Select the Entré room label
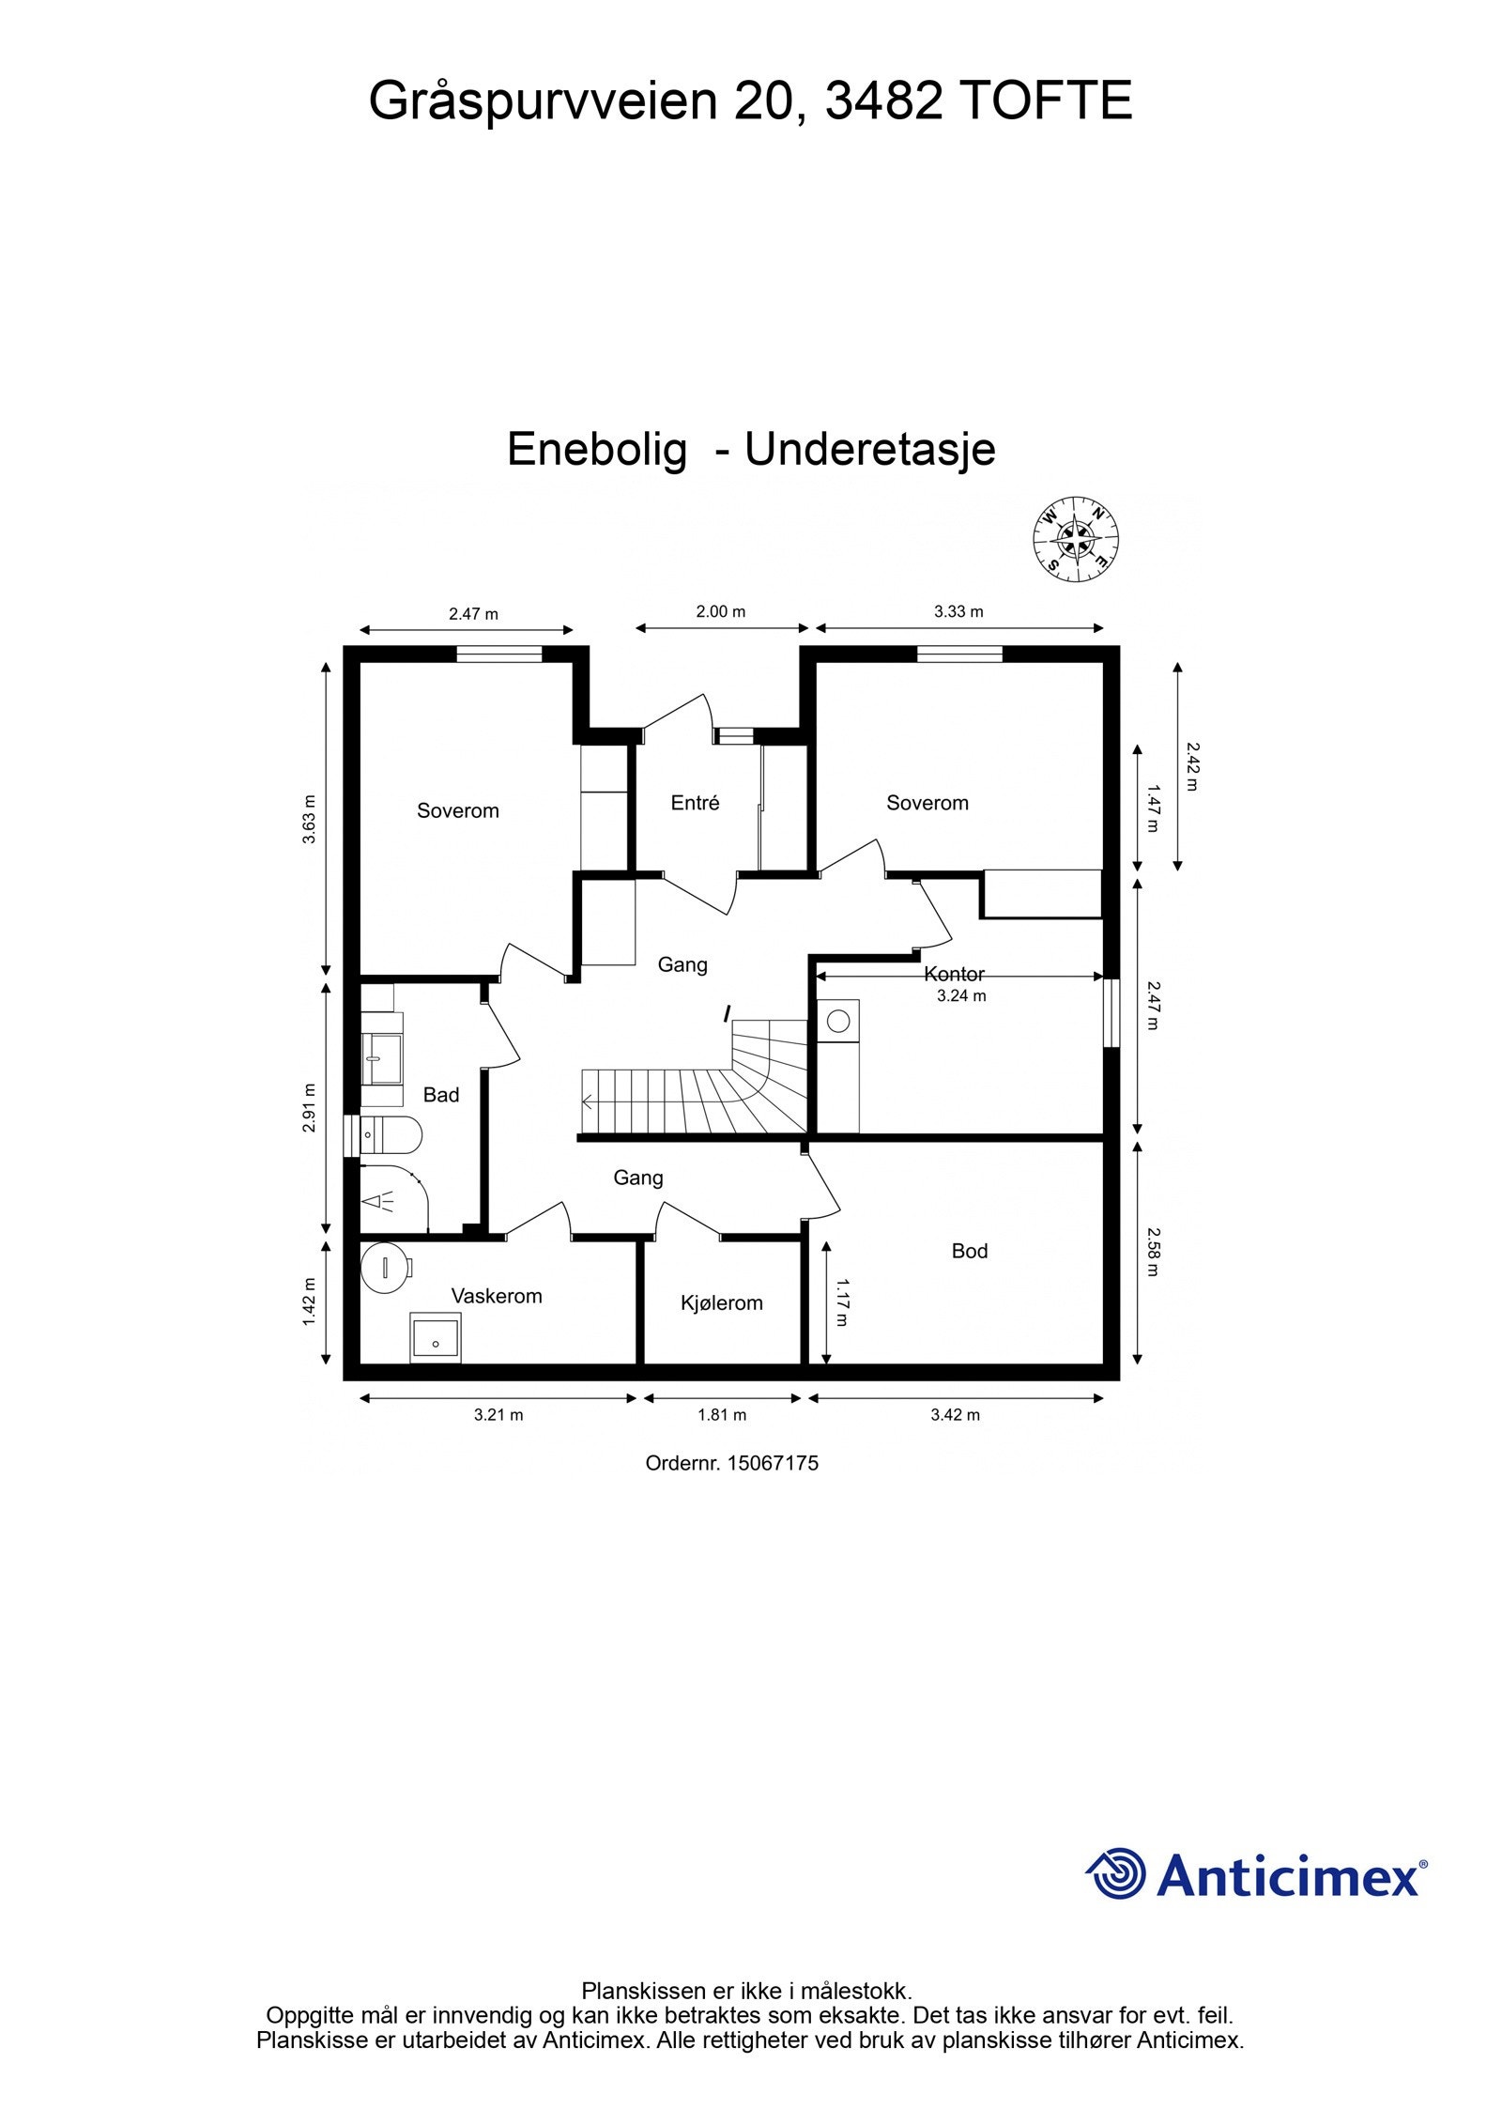tap(695, 803)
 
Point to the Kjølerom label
tap(721, 1303)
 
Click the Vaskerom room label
tap(497, 1297)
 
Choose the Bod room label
tap(970, 1252)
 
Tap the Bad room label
tap(441, 1095)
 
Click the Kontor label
tap(954, 975)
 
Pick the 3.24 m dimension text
tap(961, 996)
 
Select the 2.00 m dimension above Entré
tap(720, 612)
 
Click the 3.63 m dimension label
tap(310, 820)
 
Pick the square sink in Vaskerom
tap(436, 1339)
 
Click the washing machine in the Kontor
tap(838, 1021)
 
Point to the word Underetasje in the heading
tap(869, 450)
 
